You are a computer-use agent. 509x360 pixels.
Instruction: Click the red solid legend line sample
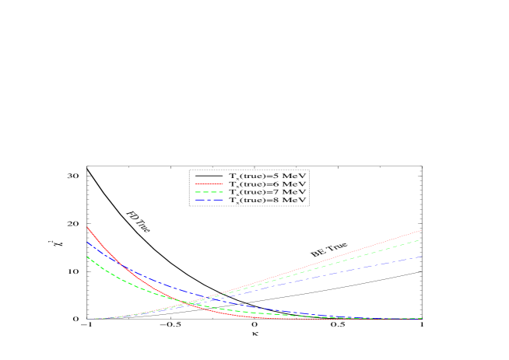pyautogui.click(x=209, y=184)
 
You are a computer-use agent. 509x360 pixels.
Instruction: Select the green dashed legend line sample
pyautogui.click(x=209, y=192)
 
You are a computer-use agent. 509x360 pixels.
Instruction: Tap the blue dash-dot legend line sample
pyautogui.click(x=209, y=200)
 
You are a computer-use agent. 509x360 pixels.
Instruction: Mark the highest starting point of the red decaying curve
pyautogui.click(x=86, y=227)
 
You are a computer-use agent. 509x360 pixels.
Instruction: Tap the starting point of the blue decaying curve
pyautogui.click(x=86, y=242)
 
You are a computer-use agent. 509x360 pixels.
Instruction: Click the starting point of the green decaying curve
pyautogui.click(x=86, y=257)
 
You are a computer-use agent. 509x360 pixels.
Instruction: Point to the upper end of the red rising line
pyautogui.click(x=421, y=230)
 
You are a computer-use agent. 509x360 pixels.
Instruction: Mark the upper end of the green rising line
pyautogui.click(x=421, y=240)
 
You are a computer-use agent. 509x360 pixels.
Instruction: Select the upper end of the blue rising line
pyautogui.click(x=421, y=257)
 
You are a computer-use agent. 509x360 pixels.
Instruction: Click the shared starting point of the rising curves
pyautogui.click(x=87, y=319)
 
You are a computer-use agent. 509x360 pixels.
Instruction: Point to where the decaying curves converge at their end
pyautogui.click(x=421, y=319)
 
